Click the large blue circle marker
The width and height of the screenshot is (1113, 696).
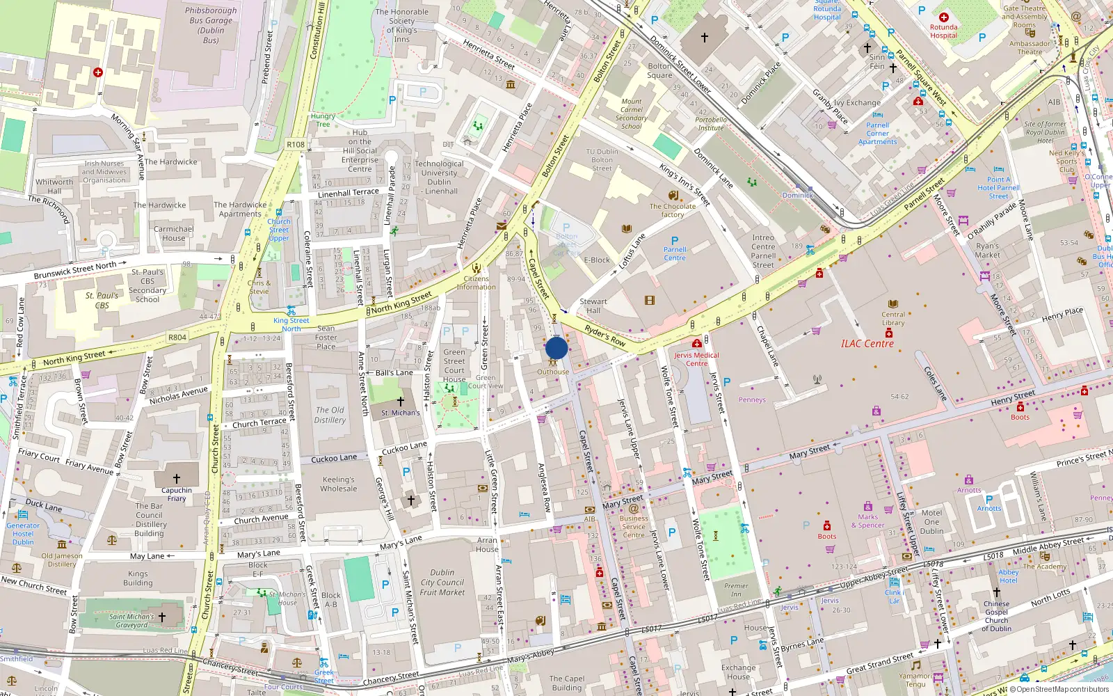(x=556, y=348)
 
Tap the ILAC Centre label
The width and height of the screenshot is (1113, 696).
(x=867, y=344)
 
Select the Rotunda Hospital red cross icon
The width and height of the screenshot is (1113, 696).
(x=943, y=17)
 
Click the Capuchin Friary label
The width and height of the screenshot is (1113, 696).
(x=177, y=494)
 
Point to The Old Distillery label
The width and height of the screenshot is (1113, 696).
(x=330, y=415)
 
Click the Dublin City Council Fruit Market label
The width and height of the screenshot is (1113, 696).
(x=442, y=583)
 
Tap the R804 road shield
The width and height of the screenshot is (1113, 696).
(x=177, y=338)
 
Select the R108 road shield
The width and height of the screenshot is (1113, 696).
(x=296, y=145)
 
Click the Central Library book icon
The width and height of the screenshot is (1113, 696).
(x=893, y=304)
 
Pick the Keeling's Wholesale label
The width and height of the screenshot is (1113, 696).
(x=339, y=484)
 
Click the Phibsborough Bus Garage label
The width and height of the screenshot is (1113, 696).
(x=211, y=25)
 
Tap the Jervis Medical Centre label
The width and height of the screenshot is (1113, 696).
(x=696, y=359)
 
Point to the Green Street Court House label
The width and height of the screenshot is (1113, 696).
(x=454, y=365)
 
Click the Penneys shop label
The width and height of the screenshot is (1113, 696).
(x=752, y=400)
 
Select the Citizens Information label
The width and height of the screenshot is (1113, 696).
(x=477, y=283)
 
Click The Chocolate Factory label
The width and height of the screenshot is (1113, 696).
(x=673, y=210)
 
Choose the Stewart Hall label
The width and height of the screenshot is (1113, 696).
(x=593, y=306)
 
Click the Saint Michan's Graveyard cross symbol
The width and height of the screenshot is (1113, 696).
(x=161, y=617)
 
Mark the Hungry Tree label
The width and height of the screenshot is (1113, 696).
(x=323, y=120)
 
